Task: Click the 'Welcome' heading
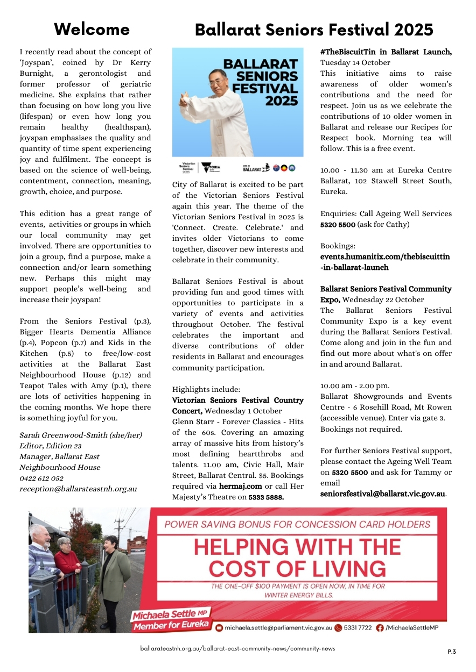click(92, 29)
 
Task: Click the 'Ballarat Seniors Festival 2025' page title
click(314, 30)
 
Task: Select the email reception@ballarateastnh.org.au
click(78, 489)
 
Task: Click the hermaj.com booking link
click(240, 487)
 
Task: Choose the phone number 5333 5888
click(266, 498)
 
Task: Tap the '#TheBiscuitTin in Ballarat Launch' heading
click(386, 52)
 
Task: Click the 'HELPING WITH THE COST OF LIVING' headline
click(297, 557)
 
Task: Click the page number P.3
click(451, 652)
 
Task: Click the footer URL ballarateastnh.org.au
click(237, 648)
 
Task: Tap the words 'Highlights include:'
click(199, 390)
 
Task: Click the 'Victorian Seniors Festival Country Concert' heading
click(237, 406)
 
